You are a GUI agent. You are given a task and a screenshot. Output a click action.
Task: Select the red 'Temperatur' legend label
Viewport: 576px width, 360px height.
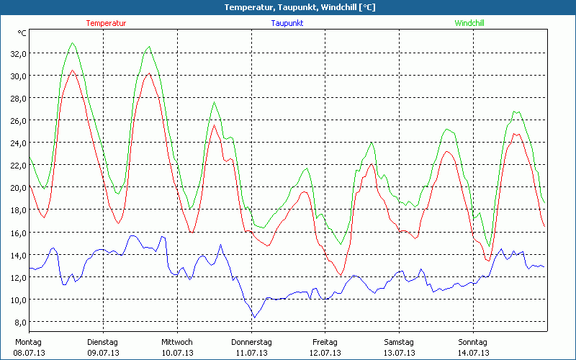[106, 23]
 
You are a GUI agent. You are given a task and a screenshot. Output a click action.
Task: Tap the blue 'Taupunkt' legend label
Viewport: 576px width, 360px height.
[287, 23]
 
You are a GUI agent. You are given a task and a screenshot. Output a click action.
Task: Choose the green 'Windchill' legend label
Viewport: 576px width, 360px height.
[469, 23]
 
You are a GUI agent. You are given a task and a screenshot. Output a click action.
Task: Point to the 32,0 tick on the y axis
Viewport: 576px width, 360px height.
[18, 53]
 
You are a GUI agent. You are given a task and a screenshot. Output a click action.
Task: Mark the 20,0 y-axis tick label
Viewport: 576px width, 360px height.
[18, 188]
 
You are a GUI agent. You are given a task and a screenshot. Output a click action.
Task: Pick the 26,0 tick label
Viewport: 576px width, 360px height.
[18, 120]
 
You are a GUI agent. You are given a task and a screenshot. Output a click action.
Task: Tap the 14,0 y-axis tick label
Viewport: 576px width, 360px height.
[18, 255]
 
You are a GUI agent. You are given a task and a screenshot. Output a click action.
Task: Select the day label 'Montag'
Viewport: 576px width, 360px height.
[28, 342]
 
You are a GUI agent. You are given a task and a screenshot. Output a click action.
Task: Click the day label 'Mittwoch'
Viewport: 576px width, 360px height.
[176, 342]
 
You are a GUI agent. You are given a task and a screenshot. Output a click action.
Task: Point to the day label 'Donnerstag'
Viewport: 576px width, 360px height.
[251, 342]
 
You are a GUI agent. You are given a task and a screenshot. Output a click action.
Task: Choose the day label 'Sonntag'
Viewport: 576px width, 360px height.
[473, 342]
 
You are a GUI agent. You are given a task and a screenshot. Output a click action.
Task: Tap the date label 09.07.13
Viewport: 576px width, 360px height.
[103, 353]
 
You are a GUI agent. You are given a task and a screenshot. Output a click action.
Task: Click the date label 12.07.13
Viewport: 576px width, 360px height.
[325, 353]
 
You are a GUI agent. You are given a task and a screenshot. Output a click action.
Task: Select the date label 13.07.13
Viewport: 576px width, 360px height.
[399, 353]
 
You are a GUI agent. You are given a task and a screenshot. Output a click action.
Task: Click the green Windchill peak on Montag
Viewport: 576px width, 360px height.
[73, 43]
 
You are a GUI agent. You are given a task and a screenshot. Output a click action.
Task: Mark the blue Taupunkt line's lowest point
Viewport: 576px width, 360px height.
[253, 318]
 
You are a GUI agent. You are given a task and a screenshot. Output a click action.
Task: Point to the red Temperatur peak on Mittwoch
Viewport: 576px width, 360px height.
[214, 126]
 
